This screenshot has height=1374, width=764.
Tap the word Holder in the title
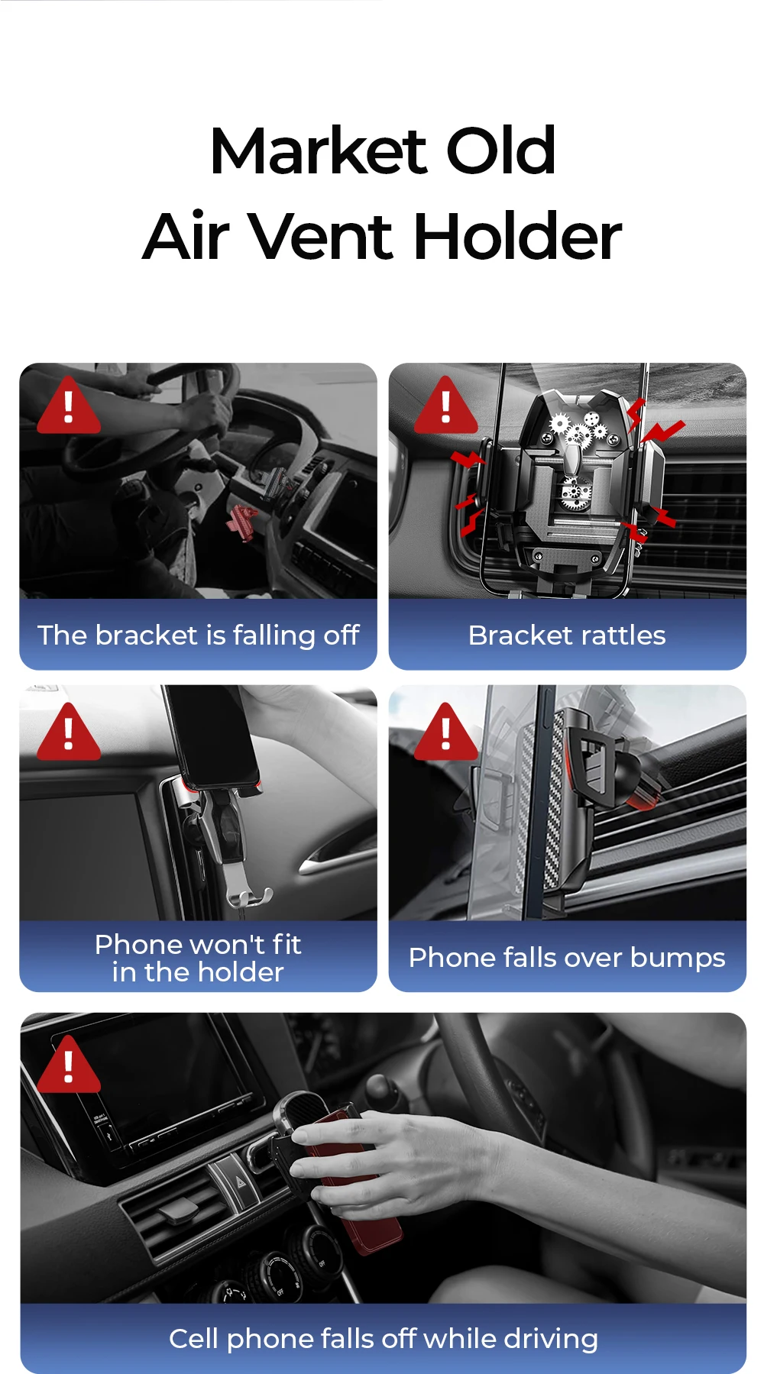coord(517,236)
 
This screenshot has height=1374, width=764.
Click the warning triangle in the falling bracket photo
coord(69,406)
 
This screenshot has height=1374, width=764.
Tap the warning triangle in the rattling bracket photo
coord(446,406)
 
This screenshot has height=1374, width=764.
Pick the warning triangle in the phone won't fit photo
coord(69,732)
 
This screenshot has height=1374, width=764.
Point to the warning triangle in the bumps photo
coord(446,732)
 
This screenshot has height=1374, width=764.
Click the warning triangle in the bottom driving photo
coord(69,1065)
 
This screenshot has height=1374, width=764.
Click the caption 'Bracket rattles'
coord(567,635)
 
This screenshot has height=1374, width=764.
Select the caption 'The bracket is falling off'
coord(198,635)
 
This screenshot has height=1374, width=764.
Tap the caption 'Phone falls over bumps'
coord(567,958)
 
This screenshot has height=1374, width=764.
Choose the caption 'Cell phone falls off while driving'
coord(383,1339)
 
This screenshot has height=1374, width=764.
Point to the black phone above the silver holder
coord(212,737)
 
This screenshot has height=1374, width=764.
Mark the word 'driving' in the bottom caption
coord(551,1340)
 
